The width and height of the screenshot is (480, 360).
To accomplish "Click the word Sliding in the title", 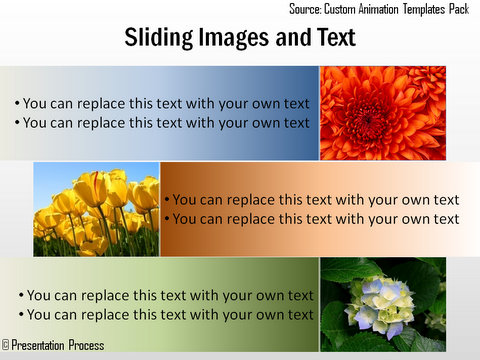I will click(158, 38).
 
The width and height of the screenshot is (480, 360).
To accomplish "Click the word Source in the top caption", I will click(308, 9).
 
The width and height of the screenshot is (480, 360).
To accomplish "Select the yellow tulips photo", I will click(96, 208).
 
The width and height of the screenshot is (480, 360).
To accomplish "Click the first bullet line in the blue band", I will click(162, 103).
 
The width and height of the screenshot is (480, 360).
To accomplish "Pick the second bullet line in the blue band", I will click(162, 123).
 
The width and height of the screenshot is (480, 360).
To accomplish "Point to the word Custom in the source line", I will click(344, 9).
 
